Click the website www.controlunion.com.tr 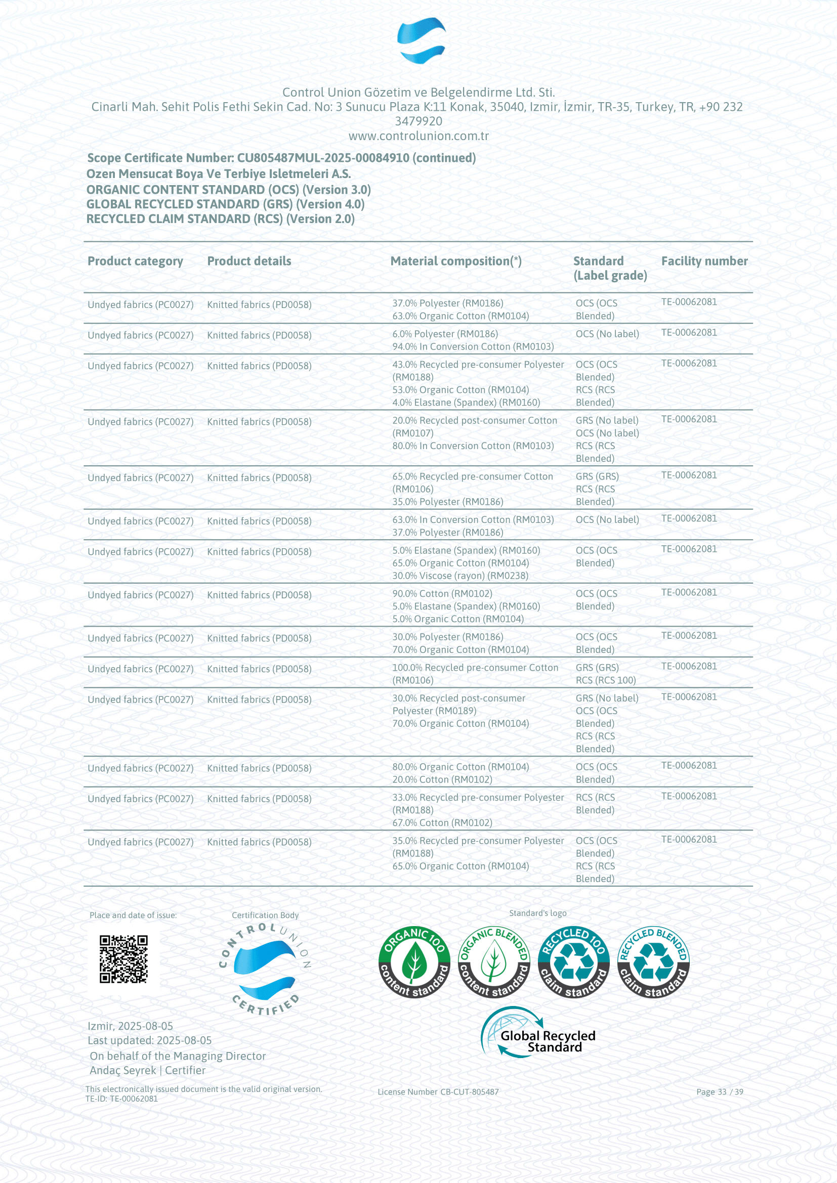point(418,136)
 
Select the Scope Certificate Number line point(281,158)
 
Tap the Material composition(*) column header point(455,261)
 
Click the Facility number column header point(704,261)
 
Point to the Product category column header point(135,261)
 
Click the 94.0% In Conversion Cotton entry point(473,347)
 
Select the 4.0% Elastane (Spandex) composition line point(466,403)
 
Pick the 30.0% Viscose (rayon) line point(459,576)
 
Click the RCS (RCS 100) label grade point(606,680)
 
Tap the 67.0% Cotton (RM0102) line point(442,823)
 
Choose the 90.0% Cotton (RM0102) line point(442,594)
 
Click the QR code point(123,959)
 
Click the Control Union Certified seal point(265,969)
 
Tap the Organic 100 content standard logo point(414,962)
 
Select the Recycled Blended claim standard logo point(653,962)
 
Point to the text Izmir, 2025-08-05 point(130,1026)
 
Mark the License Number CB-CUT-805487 point(438,1092)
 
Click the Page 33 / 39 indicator point(720,1092)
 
